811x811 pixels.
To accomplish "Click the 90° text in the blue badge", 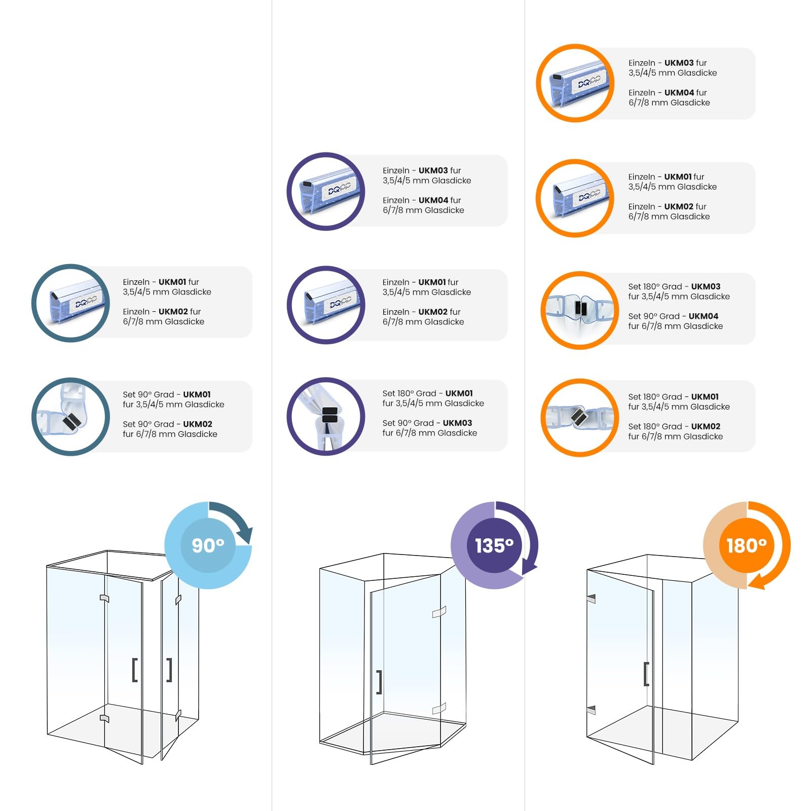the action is (x=208, y=545).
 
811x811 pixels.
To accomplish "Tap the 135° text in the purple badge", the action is (x=494, y=545).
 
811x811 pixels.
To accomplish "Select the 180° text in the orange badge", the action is (x=747, y=545).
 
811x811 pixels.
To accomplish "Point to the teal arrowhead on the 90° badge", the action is (x=245, y=535).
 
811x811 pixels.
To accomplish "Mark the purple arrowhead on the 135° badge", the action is (x=529, y=566).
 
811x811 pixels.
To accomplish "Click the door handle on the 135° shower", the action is (x=379, y=682).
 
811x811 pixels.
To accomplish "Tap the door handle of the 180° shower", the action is (x=646, y=674).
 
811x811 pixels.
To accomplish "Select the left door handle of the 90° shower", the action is (x=135, y=670).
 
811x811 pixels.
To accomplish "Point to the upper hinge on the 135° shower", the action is (x=439, y=612).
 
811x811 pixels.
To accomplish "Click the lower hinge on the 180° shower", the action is (x=591, y=710).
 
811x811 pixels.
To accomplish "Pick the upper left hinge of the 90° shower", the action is (x=104, y=599).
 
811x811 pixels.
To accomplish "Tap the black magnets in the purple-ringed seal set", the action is (x=329, y=415).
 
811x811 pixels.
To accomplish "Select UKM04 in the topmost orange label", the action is (x=679, y=93).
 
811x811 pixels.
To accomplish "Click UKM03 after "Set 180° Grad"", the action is (x=706, y=286).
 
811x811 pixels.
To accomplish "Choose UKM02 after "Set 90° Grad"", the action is (x=198, y=424).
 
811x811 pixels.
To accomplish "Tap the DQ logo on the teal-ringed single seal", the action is (x=85, y=302).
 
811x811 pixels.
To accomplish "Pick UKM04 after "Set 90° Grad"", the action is (x=704, y=316).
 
